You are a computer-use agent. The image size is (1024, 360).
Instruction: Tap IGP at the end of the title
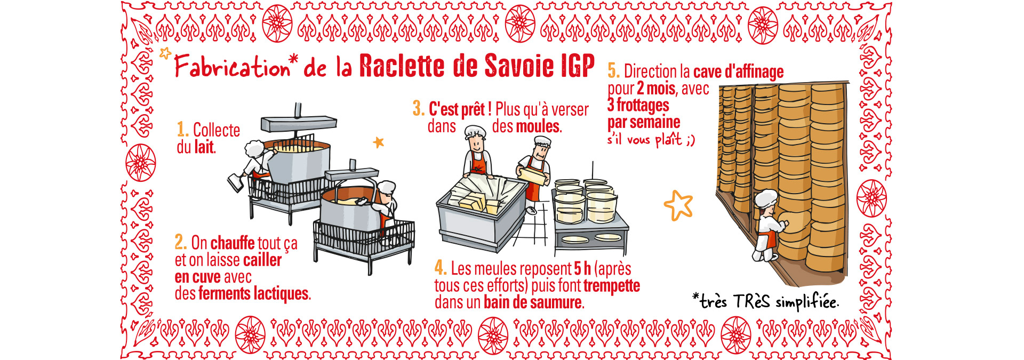coord(578,66)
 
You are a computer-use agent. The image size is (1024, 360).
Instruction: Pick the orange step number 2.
coord(181,242)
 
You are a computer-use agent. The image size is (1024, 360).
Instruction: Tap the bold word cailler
coord(262,260)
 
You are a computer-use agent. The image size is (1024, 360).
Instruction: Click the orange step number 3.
coord(419,109)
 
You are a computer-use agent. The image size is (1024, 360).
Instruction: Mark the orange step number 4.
coord(441,268)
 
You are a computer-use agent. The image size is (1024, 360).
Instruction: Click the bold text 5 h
coord(582,268)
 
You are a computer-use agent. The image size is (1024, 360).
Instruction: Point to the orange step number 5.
coord(613,71)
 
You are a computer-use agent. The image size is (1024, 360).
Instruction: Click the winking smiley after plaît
coord(691,140)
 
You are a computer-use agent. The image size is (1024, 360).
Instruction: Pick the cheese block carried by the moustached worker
coord(533,174)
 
